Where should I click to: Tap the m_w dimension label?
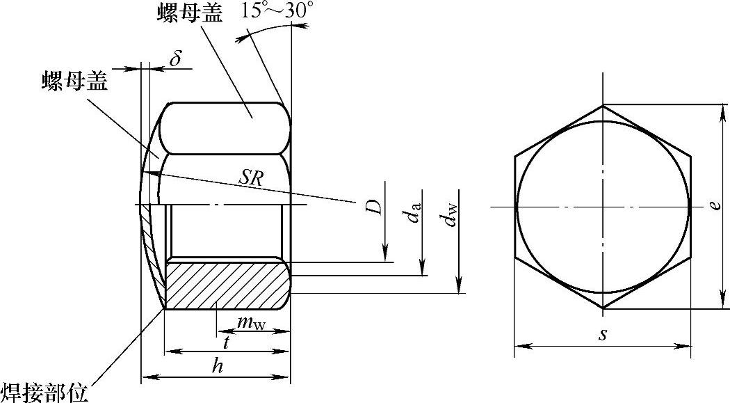[x=251, y=323]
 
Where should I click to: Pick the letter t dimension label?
[x=226, y=343]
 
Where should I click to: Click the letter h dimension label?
[x=217, y=366]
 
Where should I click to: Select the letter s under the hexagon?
[x=603, y=334]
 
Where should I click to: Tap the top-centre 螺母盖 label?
[x=190, y=13]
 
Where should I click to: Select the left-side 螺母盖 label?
[x=74, y=81]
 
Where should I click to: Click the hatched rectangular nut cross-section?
[x=228, y=285]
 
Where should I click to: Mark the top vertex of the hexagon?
[x=603, y=105]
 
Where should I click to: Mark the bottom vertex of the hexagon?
[x=603, y=308]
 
